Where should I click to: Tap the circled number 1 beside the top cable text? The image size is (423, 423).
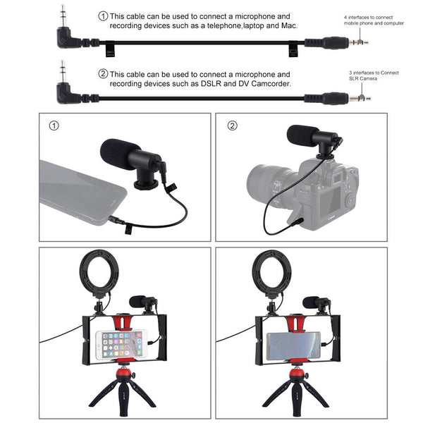pyautogui.click(x=103, y=15)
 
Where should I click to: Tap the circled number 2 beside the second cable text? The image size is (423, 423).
pyautogui.click(x=103, y=73)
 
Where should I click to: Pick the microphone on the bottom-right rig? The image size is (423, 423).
pyautogui.click(x=316, y=304)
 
